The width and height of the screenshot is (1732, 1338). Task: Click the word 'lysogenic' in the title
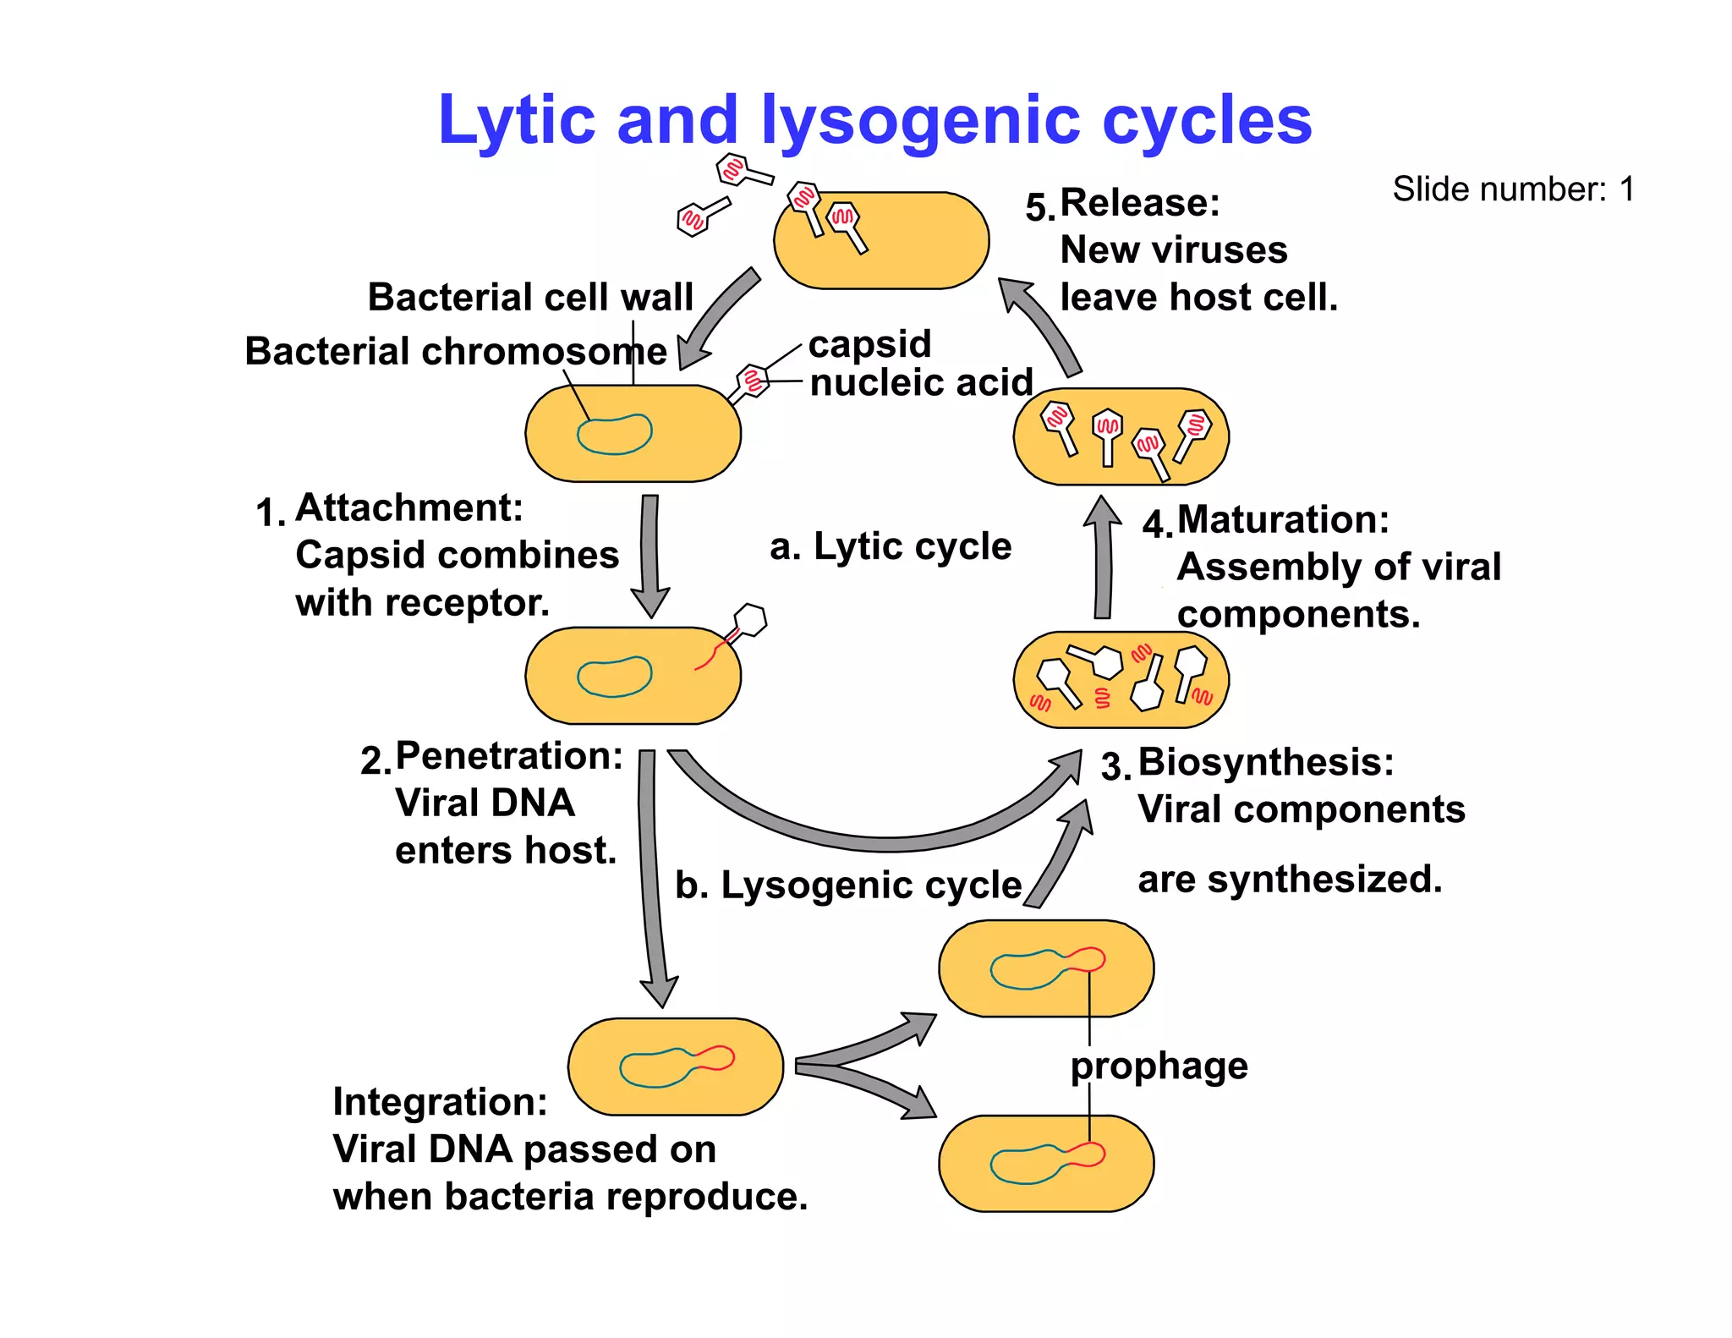[920, 120]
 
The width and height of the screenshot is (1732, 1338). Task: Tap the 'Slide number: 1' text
[1513, 189]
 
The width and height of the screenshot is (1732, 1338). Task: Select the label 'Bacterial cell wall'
[530, 298]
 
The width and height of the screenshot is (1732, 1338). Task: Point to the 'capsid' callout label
[869, 344]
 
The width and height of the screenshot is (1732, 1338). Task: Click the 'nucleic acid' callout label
[921, 382]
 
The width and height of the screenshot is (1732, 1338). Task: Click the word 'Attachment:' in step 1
[409, 508]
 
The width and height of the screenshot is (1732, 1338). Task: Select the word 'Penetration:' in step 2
[509, 755]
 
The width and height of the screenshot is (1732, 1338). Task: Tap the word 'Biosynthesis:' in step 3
[1265, 762]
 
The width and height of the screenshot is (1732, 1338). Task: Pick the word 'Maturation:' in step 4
[1282, 519]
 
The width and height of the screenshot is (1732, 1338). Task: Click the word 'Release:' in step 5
[1139, 203]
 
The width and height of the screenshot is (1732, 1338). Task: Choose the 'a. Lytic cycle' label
[891, 546]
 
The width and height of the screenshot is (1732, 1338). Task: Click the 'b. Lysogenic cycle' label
[848, 886]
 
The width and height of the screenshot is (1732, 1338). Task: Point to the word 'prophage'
[1159, 1066]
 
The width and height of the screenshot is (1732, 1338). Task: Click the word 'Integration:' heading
[440, 1102]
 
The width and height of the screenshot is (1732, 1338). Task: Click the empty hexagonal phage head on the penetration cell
[749, 620]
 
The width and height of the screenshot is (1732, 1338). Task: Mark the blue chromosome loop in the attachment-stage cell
[614, 435]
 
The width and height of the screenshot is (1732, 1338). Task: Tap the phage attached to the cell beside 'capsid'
[750, 381]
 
